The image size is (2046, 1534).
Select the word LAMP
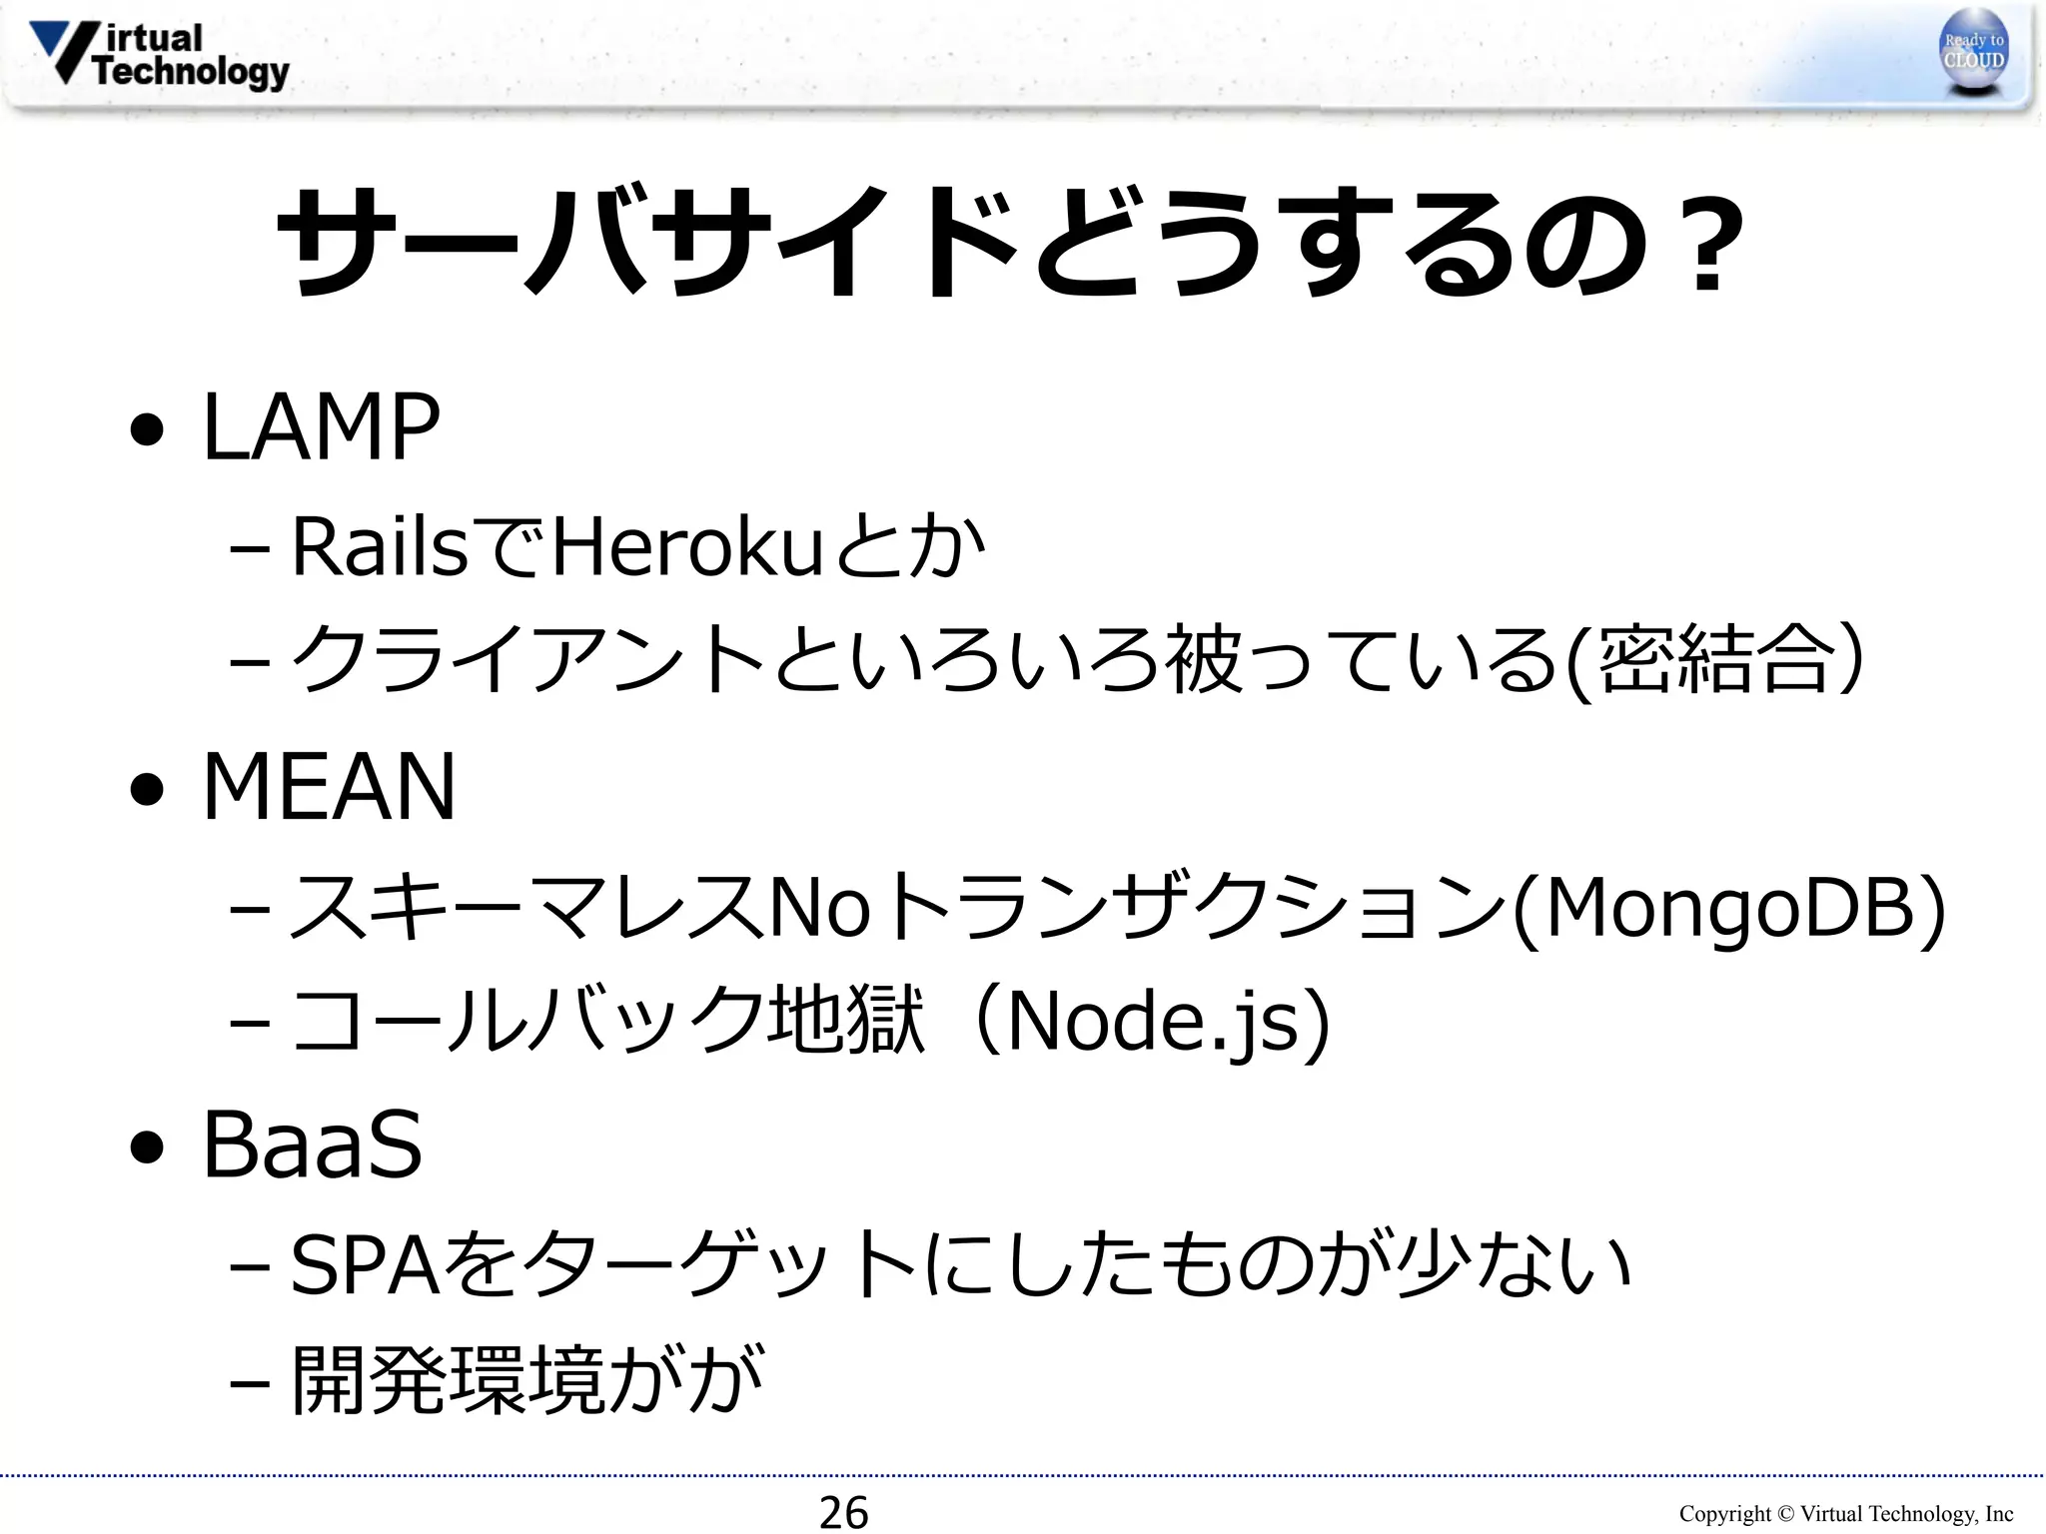(x=321, y=427)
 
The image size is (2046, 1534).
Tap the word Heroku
(x=686, y=547)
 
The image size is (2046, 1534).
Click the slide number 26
(x=843, y=1512)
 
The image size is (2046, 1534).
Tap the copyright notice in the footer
(x=1845, y=1514)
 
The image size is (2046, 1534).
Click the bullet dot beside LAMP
(x=147, y=430)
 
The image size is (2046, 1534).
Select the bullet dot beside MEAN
(x=147, y=790)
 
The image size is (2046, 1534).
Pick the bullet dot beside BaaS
(x=147, y=1148)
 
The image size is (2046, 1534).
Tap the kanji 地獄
(x=845, y=1020)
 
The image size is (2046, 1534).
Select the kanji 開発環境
(x=449, y=1381)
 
